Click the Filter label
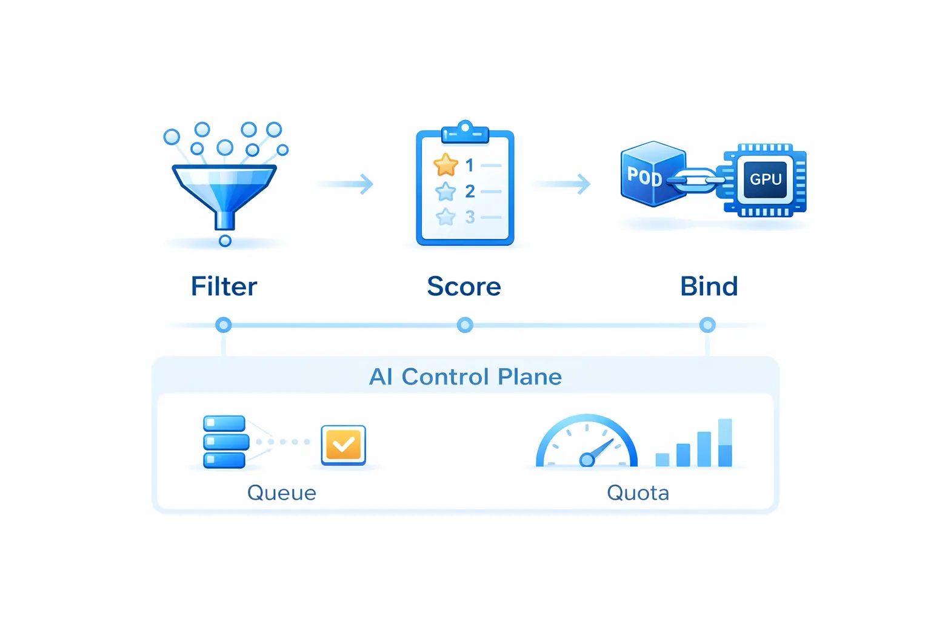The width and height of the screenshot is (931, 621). click(x=224, y=286)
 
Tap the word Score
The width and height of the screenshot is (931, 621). click(x=464, y=286)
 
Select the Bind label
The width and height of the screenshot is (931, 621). click(x=709, y=286)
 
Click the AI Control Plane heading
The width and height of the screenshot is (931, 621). click(x=465, y=377)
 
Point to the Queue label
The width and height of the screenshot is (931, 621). click(x=281, y=492)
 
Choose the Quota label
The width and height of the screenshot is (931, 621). click(x=638, y=492)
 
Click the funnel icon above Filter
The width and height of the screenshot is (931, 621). click(x=224, y=191)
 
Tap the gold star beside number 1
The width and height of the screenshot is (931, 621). click(x=445, y=165)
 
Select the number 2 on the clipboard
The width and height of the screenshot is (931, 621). click(x=470, y=191)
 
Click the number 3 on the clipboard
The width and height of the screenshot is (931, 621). click(x=470, y=217)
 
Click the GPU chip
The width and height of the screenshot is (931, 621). click(x=765, y=180)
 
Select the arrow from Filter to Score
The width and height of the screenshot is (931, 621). click(x=345, y=183)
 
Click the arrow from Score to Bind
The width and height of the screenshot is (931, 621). click(x=562, y=183)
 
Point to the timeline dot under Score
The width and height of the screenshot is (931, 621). click(x=465, y=325)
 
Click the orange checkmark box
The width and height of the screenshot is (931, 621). click(x=343, y=445)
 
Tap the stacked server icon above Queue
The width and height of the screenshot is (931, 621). click(x=225, y=441)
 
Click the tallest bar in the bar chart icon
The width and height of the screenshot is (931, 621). click(x=725, y=443)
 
